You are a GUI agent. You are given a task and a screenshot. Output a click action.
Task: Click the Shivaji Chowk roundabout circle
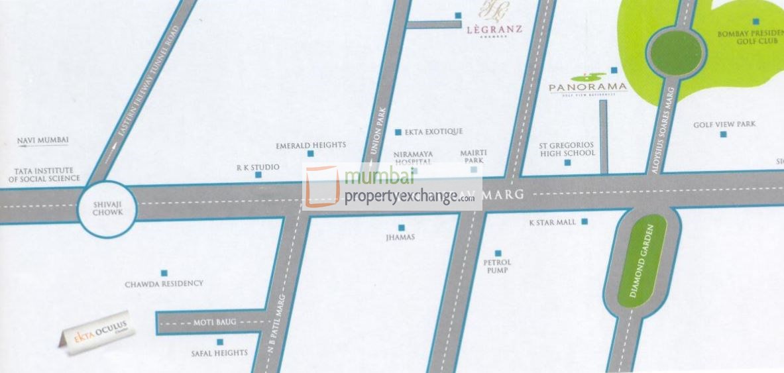click(x=107, y=209)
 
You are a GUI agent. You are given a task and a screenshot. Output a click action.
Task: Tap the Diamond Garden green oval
click(x=642, y=260)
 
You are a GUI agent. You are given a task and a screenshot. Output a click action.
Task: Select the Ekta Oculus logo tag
click(x=96, y=335)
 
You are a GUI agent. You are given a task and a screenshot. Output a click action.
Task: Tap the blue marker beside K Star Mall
click(x=585, y=222)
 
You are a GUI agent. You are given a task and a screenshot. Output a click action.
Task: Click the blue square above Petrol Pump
click(x=498, y=252)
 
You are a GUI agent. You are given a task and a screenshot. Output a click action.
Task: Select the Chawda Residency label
click(x=164, y=284)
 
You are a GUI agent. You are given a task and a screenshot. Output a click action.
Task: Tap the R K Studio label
click(x=258, y=168)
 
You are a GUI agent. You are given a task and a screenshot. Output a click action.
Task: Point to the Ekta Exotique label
click(x=433, y=132)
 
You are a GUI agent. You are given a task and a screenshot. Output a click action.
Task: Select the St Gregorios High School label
click(x=567, y=149)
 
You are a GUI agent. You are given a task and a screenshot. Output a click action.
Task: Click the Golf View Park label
click(x=724, y=125)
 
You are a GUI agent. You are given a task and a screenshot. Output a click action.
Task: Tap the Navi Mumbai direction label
click(x=43, y=140)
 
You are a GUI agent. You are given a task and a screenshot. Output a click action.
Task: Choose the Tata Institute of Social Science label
click(x=44, y=174)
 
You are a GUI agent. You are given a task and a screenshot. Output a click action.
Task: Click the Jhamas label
click(x=400, y=237)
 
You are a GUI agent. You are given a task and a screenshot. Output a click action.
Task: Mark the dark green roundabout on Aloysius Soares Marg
click(x=675, y=53)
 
